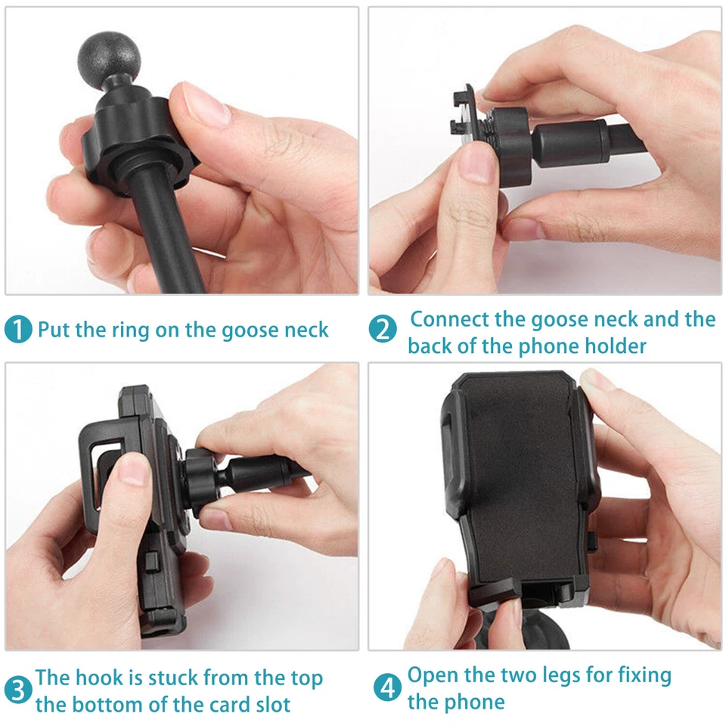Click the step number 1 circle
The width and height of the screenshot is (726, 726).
18,330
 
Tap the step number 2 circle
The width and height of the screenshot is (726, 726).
383,330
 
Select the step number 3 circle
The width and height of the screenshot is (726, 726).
18,690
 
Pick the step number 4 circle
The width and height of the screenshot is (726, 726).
387,687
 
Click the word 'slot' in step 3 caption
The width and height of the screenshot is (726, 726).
269,705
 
